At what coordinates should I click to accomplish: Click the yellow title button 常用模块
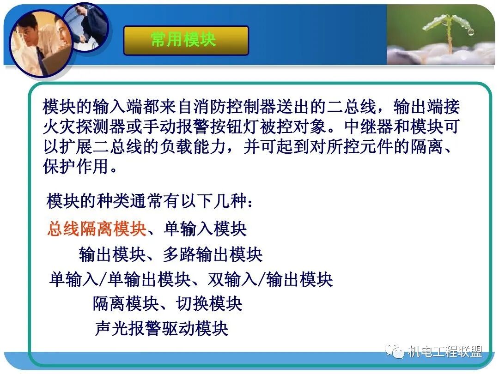(186, 40)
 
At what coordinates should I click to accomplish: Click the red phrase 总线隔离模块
(97, 229)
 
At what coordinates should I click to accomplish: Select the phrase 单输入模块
(205, 229)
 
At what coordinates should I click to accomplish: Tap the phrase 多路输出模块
(213, 254)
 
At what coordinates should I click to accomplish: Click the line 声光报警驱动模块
(162, 328)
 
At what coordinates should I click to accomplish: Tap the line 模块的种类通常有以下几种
(150, 201)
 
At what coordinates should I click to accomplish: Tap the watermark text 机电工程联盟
(444, 352)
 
